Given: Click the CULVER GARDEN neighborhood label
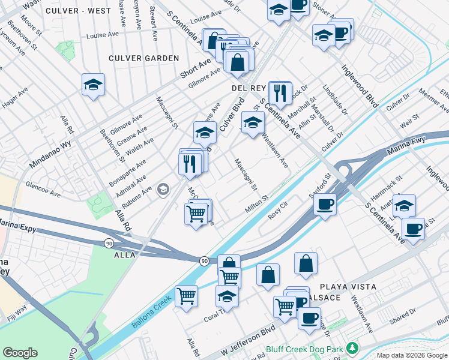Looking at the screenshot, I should [143, 58].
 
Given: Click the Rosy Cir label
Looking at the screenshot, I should [279, 214].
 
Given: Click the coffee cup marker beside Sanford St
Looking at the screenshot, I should [325, 203].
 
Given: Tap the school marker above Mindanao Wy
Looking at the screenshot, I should [94, 85].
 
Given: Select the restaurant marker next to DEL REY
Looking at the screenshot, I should [280, 92].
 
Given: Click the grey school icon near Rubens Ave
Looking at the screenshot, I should [162, 190].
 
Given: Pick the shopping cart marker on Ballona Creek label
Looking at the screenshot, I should [187, 295].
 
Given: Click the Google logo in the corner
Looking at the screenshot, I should [20, 353].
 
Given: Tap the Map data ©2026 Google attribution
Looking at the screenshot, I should [412, 355].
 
